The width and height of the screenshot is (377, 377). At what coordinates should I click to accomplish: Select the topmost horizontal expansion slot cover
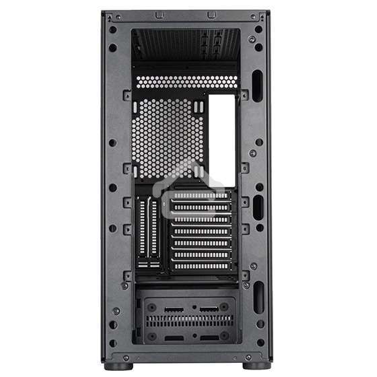201,197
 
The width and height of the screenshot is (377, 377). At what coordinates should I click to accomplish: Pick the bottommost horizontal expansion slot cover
201,266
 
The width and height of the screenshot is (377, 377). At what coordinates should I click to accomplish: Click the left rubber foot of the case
122,366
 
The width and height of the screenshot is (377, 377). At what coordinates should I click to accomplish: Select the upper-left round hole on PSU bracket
151,308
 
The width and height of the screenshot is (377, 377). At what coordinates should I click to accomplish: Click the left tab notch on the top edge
160,14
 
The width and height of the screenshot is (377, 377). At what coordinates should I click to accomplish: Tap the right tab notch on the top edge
211,14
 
